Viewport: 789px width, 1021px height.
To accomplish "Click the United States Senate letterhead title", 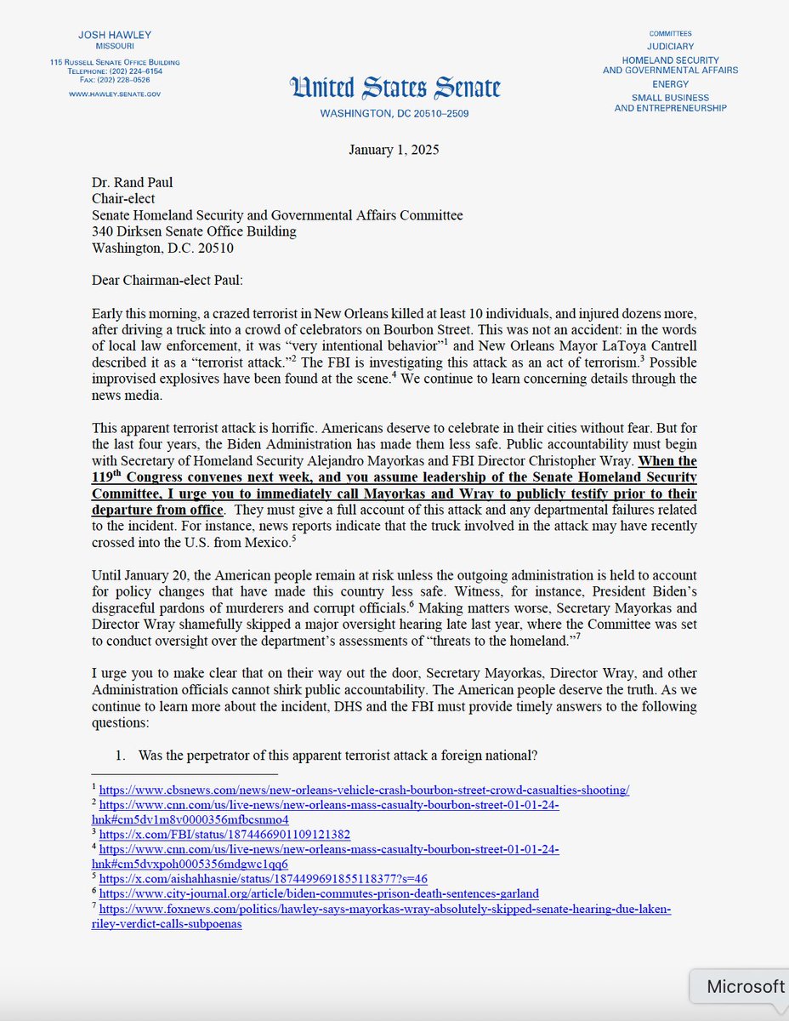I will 394,88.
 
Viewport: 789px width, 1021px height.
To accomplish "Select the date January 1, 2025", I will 394,150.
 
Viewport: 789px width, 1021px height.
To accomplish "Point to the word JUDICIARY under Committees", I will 671,46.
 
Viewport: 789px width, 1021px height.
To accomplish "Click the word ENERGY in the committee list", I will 671,84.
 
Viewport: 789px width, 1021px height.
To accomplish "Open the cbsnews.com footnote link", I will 364,790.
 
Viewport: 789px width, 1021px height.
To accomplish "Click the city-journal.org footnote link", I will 319,893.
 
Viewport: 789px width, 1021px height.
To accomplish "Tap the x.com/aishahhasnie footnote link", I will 264,878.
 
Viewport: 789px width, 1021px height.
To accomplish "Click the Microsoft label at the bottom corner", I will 745,986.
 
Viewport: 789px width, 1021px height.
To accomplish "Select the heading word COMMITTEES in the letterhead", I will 671,32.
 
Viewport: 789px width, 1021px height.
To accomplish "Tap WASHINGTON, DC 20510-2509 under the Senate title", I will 394,113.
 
